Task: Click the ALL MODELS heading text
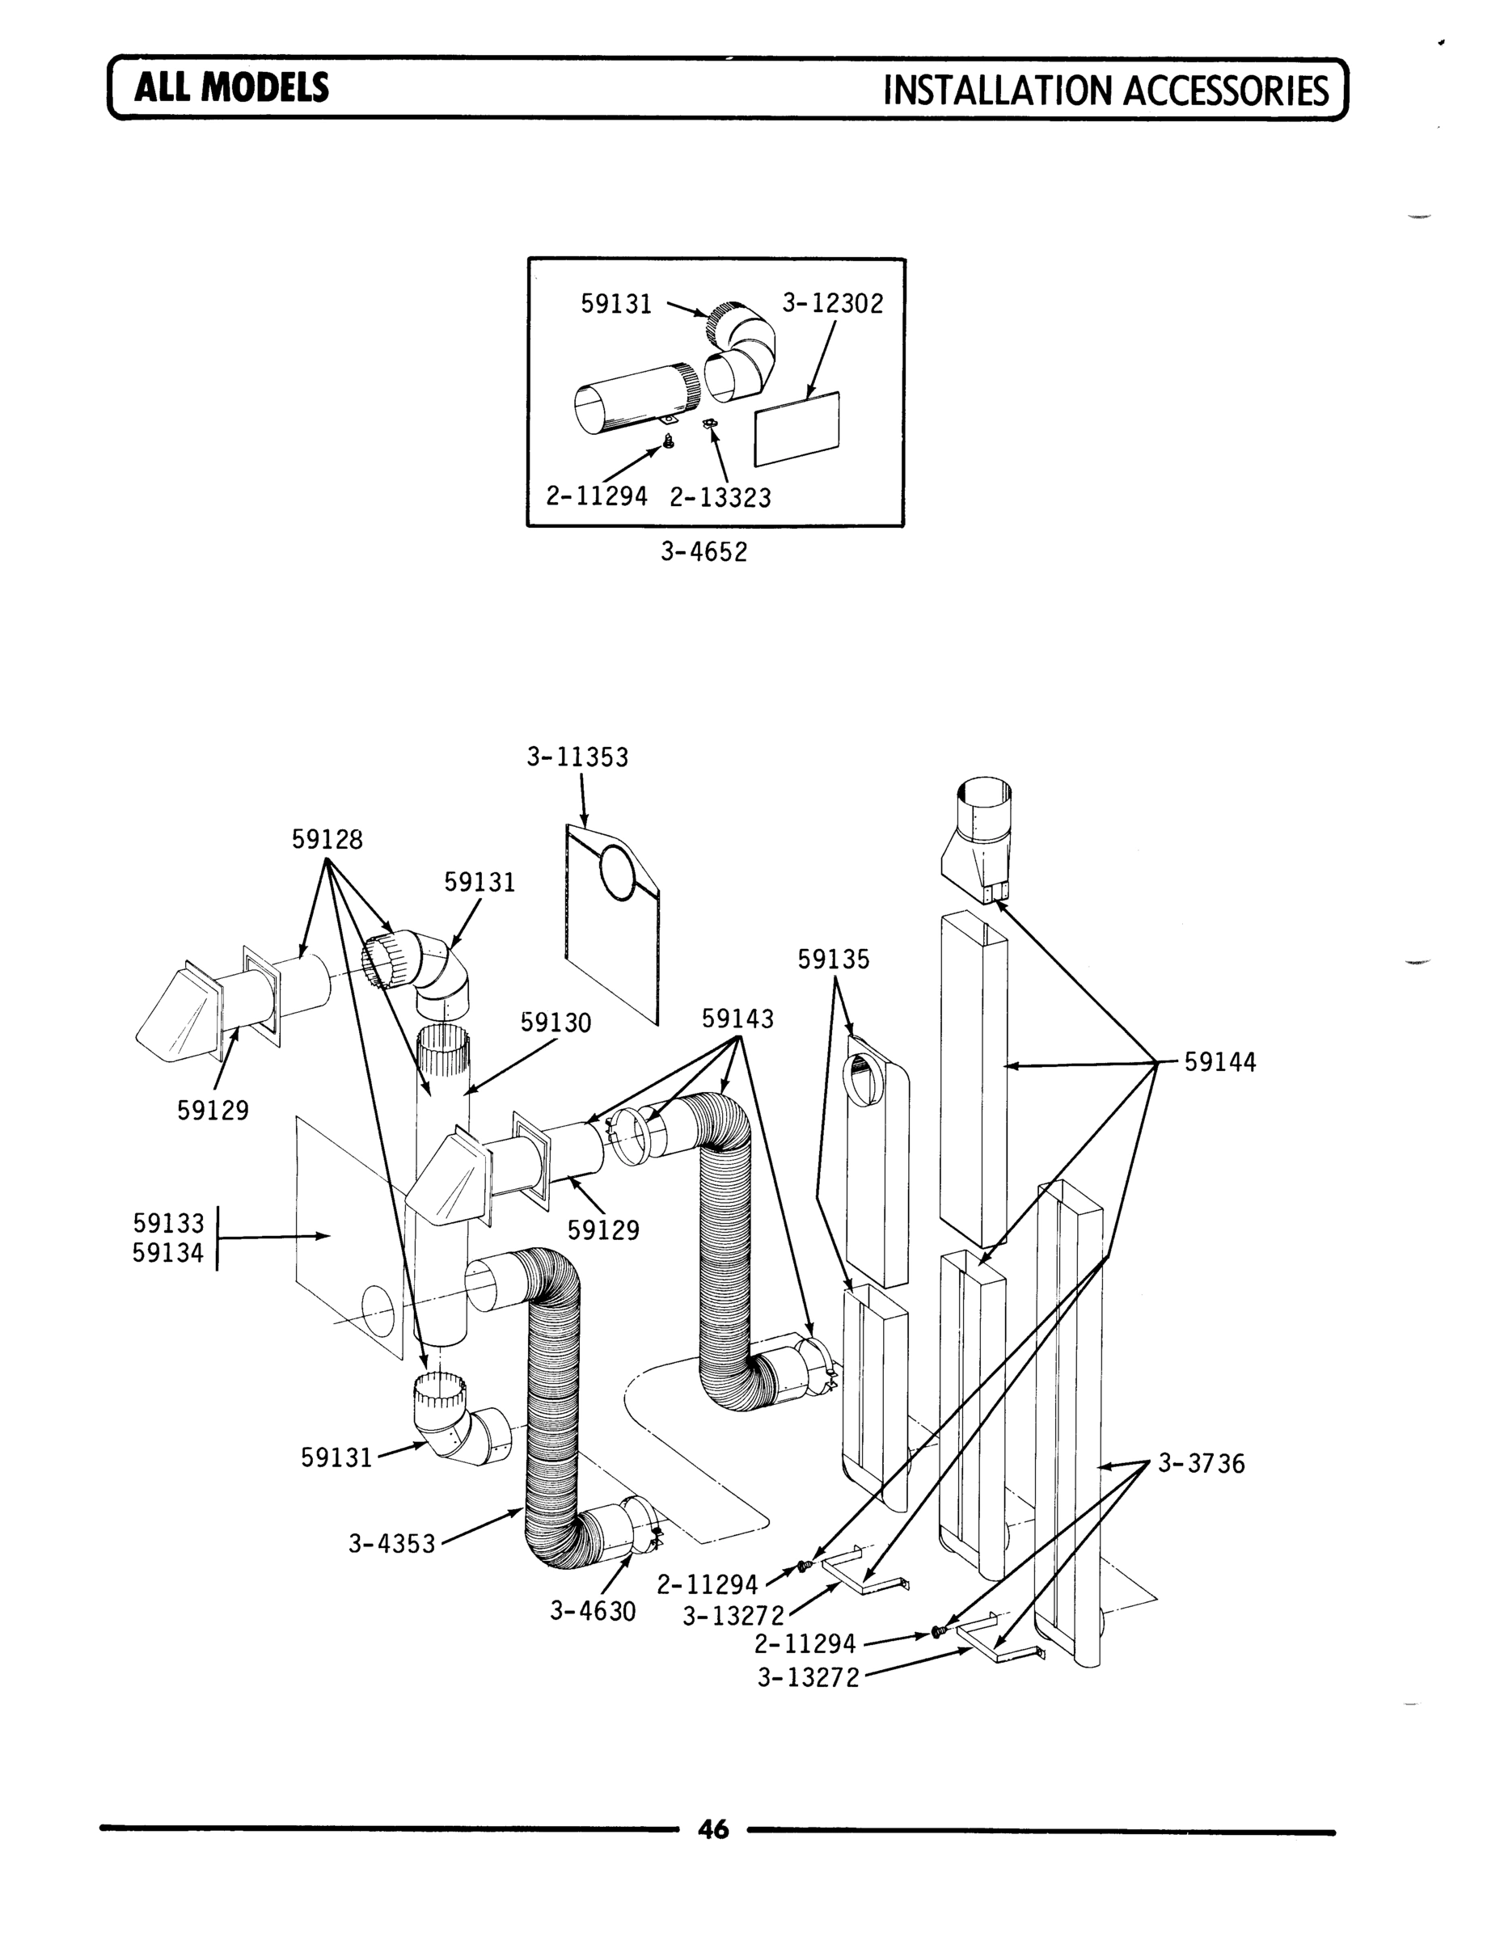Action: (231, 88)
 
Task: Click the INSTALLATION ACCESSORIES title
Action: (1105, 91)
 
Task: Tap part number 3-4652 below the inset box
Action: (704, 553)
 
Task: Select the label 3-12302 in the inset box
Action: (833, 305)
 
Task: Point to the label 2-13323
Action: (720, 497)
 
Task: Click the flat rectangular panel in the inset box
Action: (797, 429)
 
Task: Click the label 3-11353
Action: (577, 757)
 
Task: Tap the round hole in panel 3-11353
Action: (619, 872)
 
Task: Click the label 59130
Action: (556, 1023)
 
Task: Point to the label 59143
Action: (737, 1018)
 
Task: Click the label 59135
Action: (834, 959)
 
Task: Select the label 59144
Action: (1220, 1062)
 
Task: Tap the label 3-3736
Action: (1202, 1464)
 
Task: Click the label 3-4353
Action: (392, 1544)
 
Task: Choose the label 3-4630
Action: (593, 1611)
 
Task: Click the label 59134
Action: (168, 1254)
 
